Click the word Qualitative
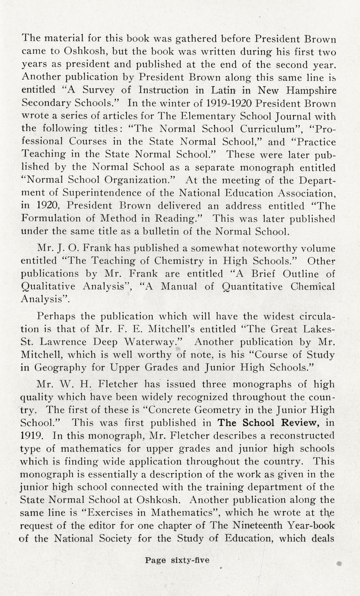[48, 287]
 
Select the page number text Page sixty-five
[177, 560]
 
